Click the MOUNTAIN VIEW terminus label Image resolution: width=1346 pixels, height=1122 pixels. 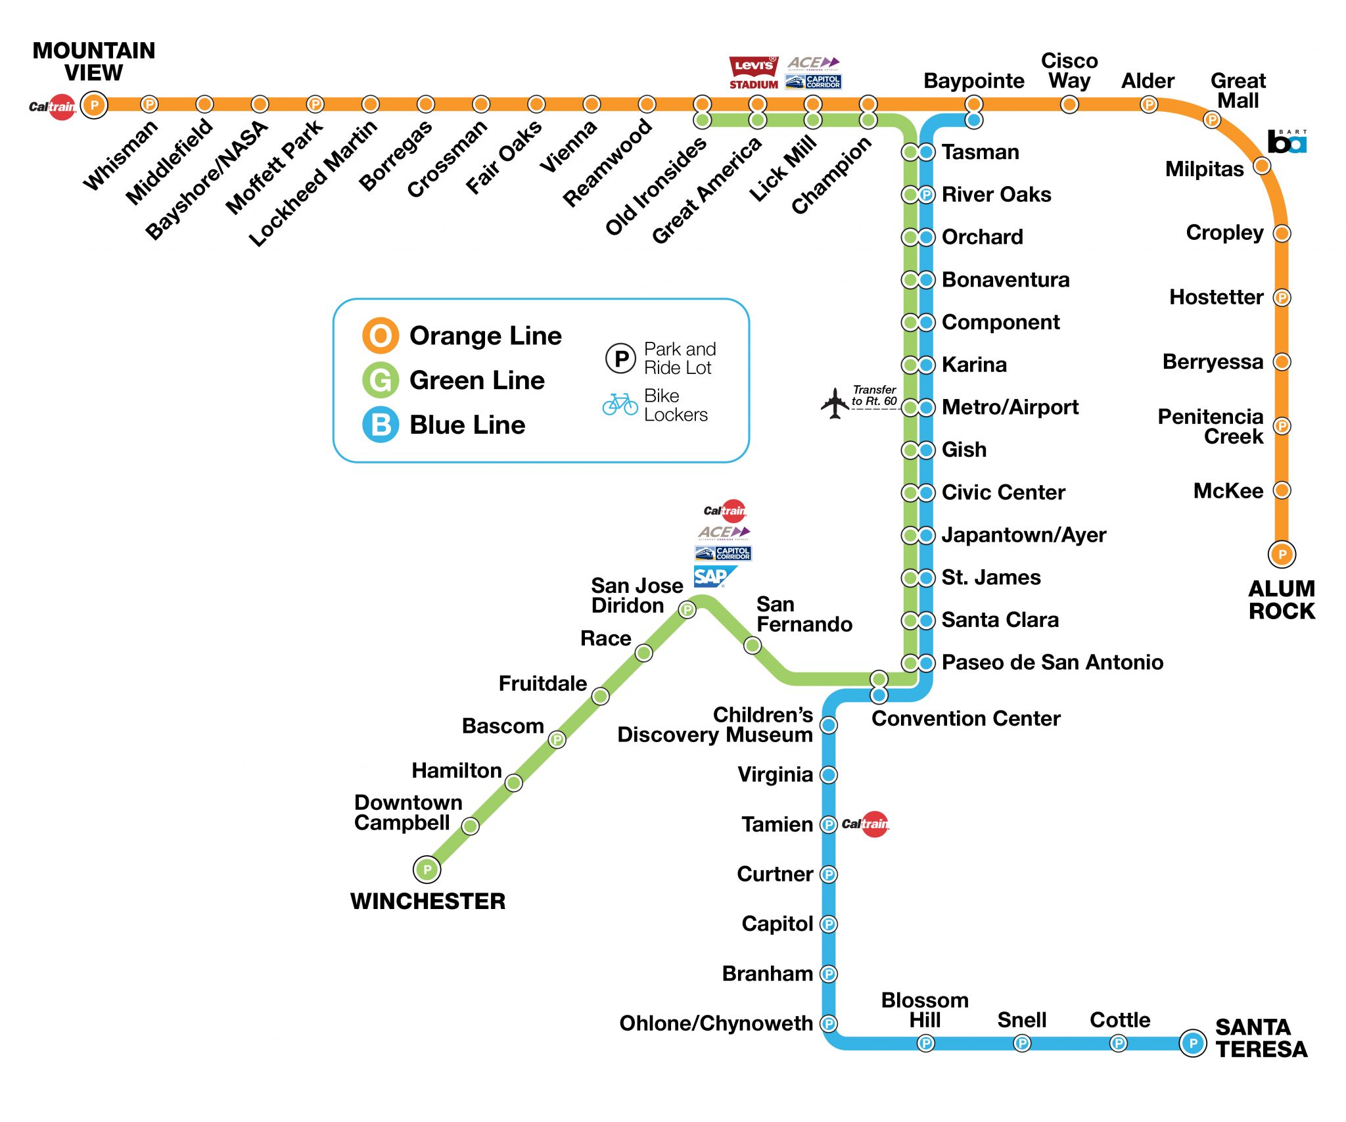coord(94,61)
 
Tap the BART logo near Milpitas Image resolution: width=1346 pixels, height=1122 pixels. coord(1287,141)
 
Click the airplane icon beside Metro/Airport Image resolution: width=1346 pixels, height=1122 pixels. coord(835,403)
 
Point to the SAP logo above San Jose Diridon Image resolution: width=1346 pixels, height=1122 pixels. coord(712,576)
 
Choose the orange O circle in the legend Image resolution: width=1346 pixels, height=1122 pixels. coord(381,336)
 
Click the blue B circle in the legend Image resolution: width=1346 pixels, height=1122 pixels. coord(381,425)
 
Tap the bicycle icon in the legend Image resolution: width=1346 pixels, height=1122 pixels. coord(620,404)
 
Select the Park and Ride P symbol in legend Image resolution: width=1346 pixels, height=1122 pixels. coord(620,358)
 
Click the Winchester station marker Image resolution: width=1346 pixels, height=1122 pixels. coord(427,870)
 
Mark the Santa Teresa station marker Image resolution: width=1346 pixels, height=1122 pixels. coord(1192,1042)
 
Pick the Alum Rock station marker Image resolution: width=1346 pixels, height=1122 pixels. coord(1282,554)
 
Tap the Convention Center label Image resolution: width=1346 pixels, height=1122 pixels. coord(965,718)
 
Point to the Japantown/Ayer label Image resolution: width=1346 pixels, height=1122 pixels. coord(1023,535)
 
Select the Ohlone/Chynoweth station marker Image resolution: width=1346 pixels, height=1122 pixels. coord(829,1023)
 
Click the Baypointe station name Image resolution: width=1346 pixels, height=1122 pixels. coord(973,81)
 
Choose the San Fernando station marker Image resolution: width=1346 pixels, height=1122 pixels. coord(753,645)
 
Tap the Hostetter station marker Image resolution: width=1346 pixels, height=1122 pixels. coord(1282,297)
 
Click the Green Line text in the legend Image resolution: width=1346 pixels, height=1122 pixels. coord(476,381)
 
